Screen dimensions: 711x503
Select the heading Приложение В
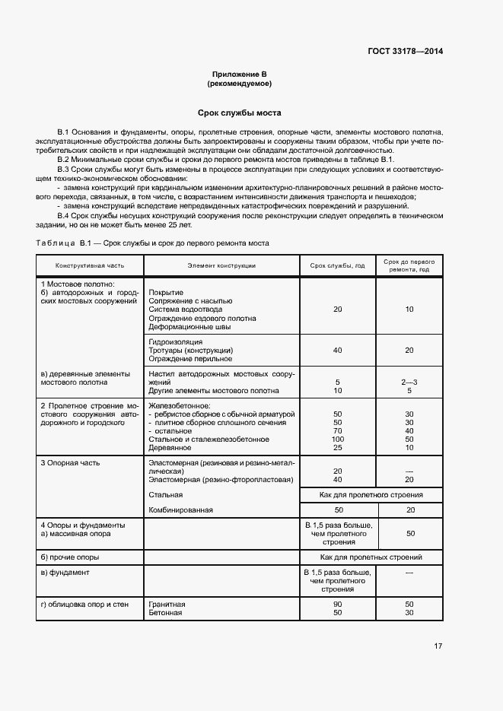[240, 74]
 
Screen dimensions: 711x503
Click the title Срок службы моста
[240, 113]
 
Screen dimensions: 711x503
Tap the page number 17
[438, 646]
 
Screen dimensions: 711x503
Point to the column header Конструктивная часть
[89, 265]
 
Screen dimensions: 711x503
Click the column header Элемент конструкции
[221, 265]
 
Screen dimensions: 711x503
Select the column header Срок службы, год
[338, 265]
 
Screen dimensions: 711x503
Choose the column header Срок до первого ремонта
[409, 265]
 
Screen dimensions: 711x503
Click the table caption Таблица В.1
[64, 243]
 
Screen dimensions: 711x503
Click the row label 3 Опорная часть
[70, 462]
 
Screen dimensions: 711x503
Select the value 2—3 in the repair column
[409, 382]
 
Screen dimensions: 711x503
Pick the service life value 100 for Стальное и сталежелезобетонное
[338, 439]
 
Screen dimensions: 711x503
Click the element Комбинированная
[181, 509]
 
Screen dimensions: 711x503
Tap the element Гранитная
[167, 605]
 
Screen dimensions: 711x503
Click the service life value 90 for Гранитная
[338, 605]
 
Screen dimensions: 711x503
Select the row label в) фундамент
[65, 572]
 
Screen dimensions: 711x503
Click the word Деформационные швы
[184, 326]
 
